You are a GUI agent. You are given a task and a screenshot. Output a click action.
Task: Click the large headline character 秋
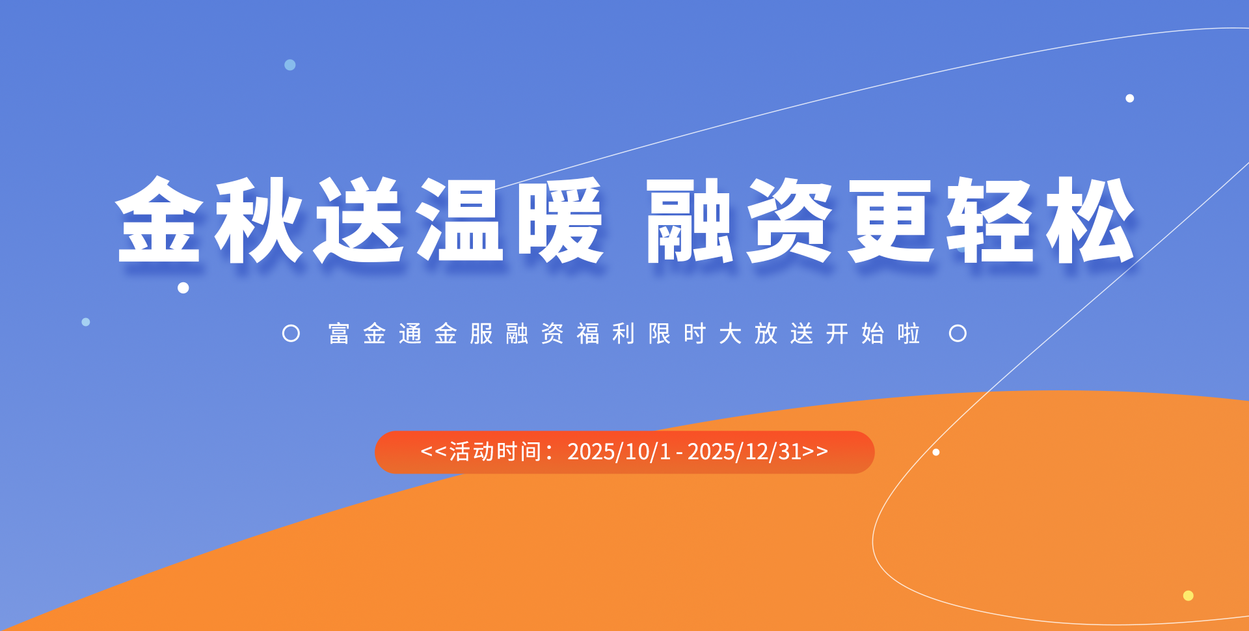point(259,220)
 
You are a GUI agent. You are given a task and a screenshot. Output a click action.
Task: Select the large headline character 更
point(891,220)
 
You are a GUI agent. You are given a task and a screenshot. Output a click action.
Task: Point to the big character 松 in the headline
point(1091,220)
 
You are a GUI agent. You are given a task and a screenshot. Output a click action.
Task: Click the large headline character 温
point(460,220)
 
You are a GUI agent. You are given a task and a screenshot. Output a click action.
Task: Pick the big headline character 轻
point(990,220)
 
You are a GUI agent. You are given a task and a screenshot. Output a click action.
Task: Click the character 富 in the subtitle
point(339,334)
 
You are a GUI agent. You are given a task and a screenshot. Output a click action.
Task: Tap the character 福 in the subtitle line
point(588,334)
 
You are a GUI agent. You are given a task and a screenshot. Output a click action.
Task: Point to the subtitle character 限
point(659,334)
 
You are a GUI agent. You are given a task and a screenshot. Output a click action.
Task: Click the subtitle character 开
point(837,334)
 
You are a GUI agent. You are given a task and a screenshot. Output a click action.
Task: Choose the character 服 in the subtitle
point(481,334)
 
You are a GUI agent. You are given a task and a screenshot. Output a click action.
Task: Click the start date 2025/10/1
point(619,451)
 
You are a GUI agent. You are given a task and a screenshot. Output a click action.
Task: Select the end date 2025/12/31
point(745,451)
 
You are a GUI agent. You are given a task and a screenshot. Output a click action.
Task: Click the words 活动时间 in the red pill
point(495,451)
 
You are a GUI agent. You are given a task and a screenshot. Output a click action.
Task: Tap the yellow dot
point(1189,595)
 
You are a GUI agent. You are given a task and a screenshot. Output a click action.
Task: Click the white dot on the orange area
point(936,452)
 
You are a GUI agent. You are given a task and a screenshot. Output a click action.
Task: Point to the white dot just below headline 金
point(183,288)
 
